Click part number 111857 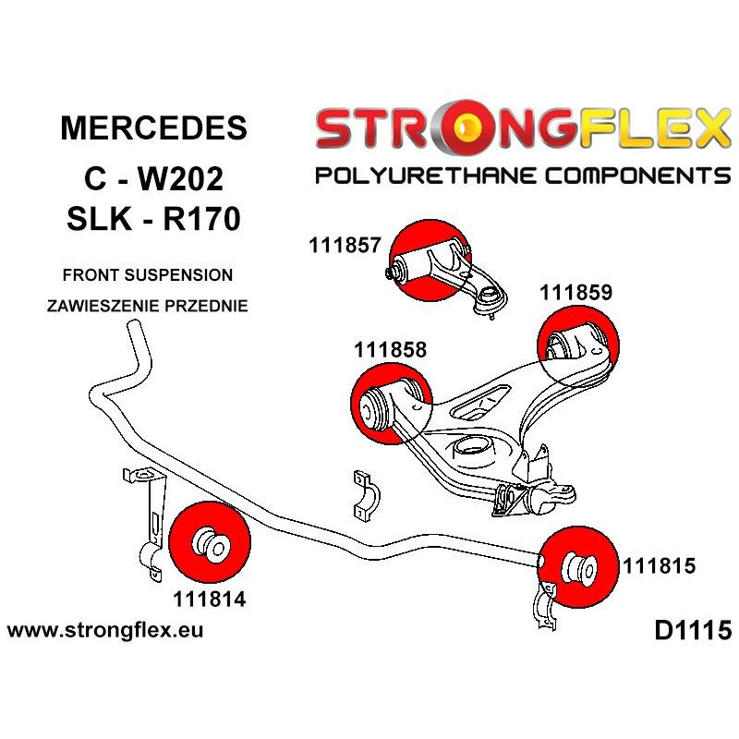click(345, 245)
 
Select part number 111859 click(576, 293)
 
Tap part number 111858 click(389, 351)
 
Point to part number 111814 click(208, 597)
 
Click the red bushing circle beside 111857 click(430, 261)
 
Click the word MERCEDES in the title click(153, 129)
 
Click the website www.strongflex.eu click(105, 631)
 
